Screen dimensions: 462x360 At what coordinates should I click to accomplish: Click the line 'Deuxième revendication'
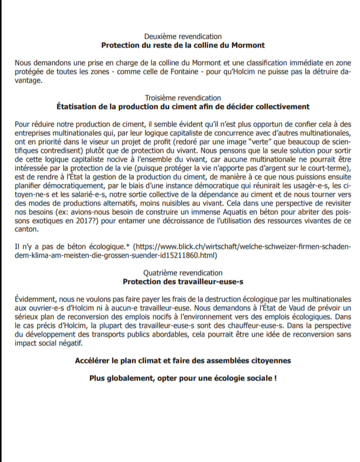coord(183,37)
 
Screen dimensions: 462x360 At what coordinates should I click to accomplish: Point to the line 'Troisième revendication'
coord(183,98)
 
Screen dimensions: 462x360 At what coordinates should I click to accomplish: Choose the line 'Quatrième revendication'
coord(183,273)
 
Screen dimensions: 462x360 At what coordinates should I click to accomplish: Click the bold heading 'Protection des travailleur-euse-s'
coord(183,281)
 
